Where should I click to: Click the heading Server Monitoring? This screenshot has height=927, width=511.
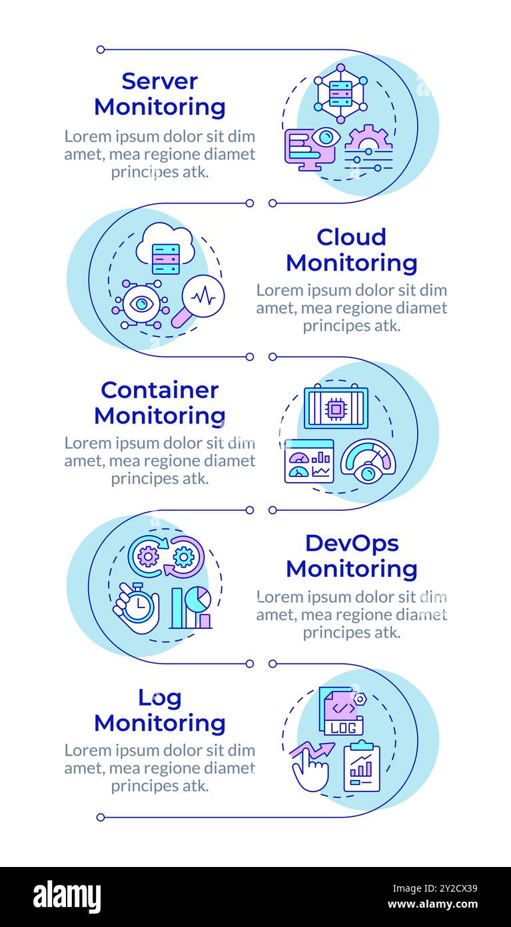pos(160,94)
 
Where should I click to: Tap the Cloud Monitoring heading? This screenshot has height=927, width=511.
pos(351,250)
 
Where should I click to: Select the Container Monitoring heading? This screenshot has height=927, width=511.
pos(160,403)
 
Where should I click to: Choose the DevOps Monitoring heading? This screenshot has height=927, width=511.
pos(351,556)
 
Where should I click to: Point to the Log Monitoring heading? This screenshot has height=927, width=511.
pos(160,710)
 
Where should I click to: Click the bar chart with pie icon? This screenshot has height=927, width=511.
pos(191,608)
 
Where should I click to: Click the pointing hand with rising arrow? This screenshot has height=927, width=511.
pos(310,766)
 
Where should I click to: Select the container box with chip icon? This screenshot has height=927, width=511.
pos(336,407)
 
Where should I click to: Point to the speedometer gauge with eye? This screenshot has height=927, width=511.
pos(368,461)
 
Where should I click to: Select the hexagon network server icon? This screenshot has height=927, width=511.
pos(340,94)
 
